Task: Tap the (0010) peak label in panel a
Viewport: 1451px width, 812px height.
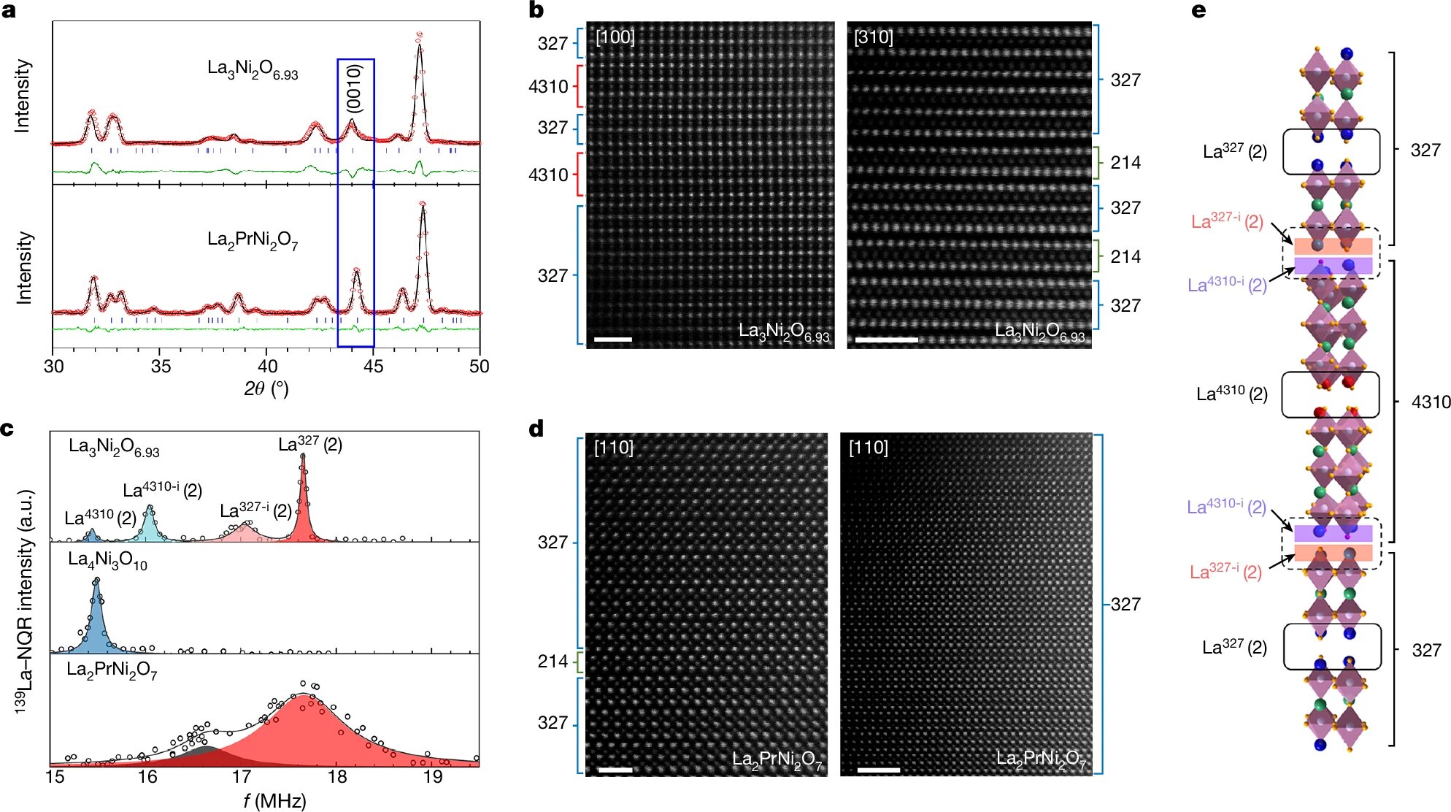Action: tap(354, 88)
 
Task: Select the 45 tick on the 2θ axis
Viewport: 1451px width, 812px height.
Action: tap(373, 366)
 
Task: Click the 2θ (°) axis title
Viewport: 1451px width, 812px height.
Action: tap(266, 389)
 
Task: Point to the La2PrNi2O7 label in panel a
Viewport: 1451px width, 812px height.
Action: tap(253, 240)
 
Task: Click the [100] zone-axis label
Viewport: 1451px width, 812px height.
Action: tap(615, 37)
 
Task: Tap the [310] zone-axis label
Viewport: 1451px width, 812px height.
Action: tap(873, 37)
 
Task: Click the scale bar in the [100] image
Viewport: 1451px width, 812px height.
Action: tap(613, 340)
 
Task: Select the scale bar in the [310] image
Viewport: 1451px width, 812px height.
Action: tap(886, 340)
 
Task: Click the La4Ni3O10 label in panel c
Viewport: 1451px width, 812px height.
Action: tap(107, 561)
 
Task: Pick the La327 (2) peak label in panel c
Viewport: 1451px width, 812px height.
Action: tap(310, 445)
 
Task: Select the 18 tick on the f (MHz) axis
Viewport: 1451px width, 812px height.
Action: tap(337, 777)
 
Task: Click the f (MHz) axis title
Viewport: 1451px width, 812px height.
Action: tap(274, 801)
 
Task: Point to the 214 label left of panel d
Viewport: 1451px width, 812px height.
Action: tap(553, 662)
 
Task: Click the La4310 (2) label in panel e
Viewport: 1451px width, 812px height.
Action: tap(1231, 394)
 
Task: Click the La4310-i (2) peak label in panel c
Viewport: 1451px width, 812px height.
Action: tap(162, 490)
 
